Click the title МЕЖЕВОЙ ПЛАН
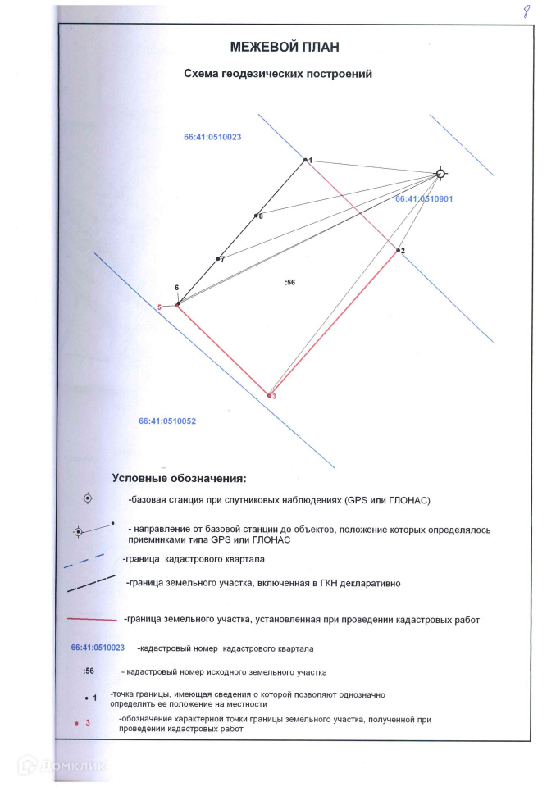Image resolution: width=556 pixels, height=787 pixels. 285,47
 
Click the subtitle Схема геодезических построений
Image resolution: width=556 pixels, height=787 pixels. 278,74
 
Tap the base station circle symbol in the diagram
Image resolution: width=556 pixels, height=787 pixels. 440,173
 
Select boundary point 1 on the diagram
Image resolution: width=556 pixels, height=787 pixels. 305,160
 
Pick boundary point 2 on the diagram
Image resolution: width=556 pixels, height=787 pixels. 399,250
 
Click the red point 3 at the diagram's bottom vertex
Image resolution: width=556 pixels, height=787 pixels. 270,395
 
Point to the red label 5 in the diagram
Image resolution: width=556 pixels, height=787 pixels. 160,307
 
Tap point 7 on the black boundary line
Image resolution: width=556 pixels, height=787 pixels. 218,259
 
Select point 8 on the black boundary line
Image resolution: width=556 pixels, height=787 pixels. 256,216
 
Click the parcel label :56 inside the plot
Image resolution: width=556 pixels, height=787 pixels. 289,282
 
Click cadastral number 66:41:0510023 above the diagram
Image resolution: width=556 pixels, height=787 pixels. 212,137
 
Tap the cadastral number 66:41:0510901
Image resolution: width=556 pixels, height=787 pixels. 424,199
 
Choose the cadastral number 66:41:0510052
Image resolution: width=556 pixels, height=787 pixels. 167,421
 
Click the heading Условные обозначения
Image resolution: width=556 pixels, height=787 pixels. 179,478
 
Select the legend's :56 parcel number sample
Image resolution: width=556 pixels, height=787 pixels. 90,671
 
